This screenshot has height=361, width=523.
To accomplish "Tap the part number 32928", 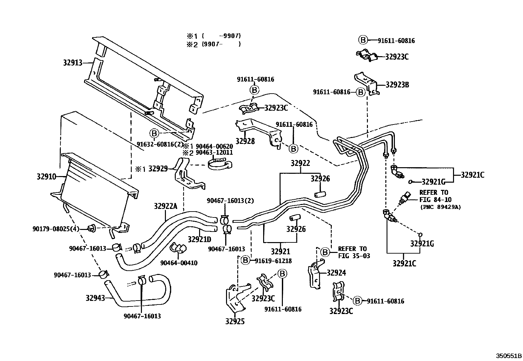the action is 245,141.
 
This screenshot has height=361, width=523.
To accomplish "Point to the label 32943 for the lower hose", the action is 95,298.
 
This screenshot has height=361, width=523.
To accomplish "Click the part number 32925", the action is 235,322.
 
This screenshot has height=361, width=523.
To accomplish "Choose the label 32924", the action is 336,273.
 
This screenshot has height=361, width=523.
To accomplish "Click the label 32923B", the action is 397,84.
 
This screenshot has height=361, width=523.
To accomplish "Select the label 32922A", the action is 166,206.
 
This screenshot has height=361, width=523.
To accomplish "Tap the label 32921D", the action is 199,239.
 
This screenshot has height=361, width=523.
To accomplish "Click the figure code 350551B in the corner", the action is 509,356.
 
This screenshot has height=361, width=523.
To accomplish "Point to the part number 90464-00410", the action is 179,263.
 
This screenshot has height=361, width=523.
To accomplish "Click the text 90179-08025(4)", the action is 56,229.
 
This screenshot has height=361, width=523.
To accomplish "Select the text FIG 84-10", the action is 435,199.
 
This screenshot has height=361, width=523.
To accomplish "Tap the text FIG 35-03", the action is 354,256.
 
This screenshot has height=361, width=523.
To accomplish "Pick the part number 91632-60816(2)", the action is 160,144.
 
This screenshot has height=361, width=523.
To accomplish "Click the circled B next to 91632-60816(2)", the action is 154,133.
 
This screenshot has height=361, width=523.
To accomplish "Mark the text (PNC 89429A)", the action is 440,207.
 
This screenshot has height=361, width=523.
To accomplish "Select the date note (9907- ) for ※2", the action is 221,44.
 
